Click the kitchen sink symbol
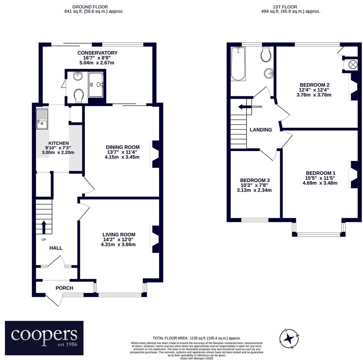pos(42,119)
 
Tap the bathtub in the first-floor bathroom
pos(238,64)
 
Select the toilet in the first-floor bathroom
pos(266,54)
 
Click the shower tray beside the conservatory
pos(96,85)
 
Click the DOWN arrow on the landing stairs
pos(245,107)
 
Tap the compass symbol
pos(289,339)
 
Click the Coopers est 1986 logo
pos(44,338)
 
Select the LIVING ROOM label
pos(119,234)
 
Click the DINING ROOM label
pos(123,147)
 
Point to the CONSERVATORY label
pos(97,53)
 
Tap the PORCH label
pos(64,288)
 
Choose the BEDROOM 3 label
pos(255,180)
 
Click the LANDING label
pos(261,130)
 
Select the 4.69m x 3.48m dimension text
pos(320,183)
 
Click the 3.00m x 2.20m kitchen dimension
pos(58,152)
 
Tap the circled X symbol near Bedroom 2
pos(353,65)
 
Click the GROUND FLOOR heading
pos(90,7)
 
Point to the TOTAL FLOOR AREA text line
pos(197,338)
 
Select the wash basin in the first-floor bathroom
pos(269,74)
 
